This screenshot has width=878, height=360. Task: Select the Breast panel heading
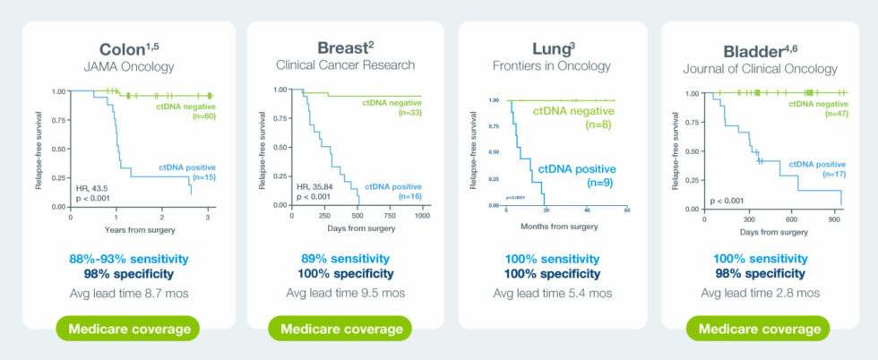tap(340, 47)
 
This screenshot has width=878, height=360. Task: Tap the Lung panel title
tap(552, 46)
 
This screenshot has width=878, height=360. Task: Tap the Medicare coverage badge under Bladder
tap(760, 329)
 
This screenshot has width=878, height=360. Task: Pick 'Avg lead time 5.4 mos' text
tap(552, 293)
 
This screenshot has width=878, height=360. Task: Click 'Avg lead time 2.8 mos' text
tap(760, 293)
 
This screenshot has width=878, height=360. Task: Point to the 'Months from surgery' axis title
tap(560, 227)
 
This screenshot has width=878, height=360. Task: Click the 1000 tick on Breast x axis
tap(420, 217)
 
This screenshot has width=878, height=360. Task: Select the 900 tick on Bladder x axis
tap(835, 219)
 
